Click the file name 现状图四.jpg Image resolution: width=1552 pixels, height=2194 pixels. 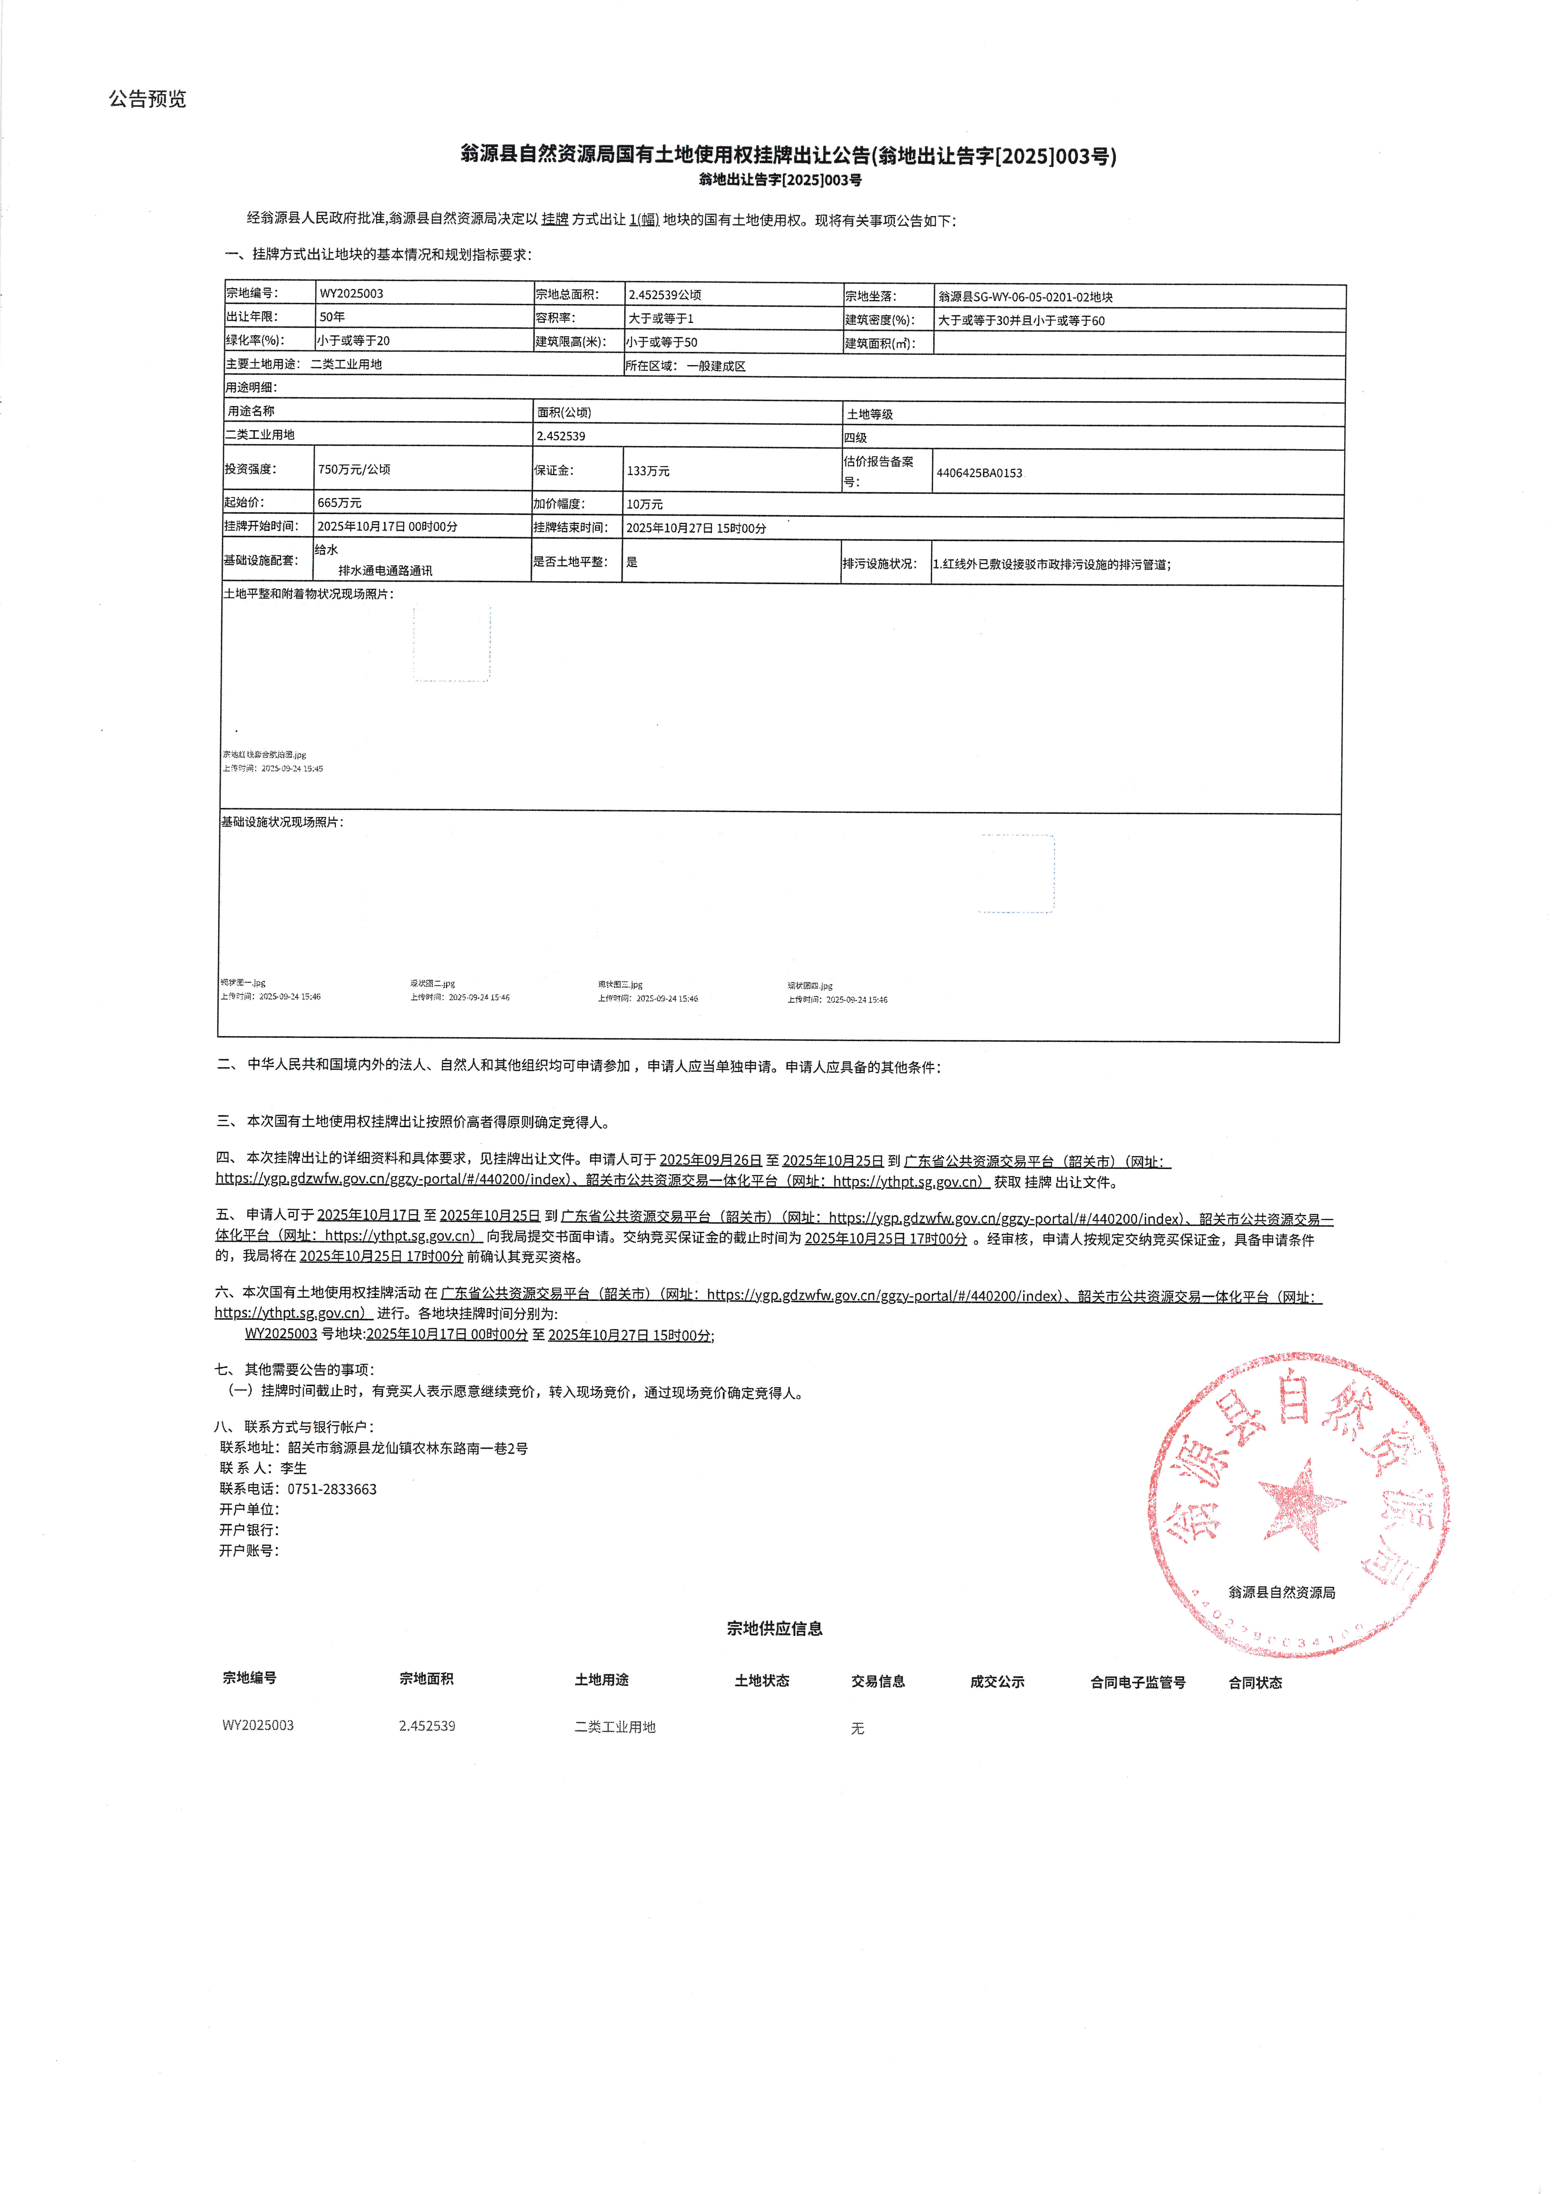pos(809,985)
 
